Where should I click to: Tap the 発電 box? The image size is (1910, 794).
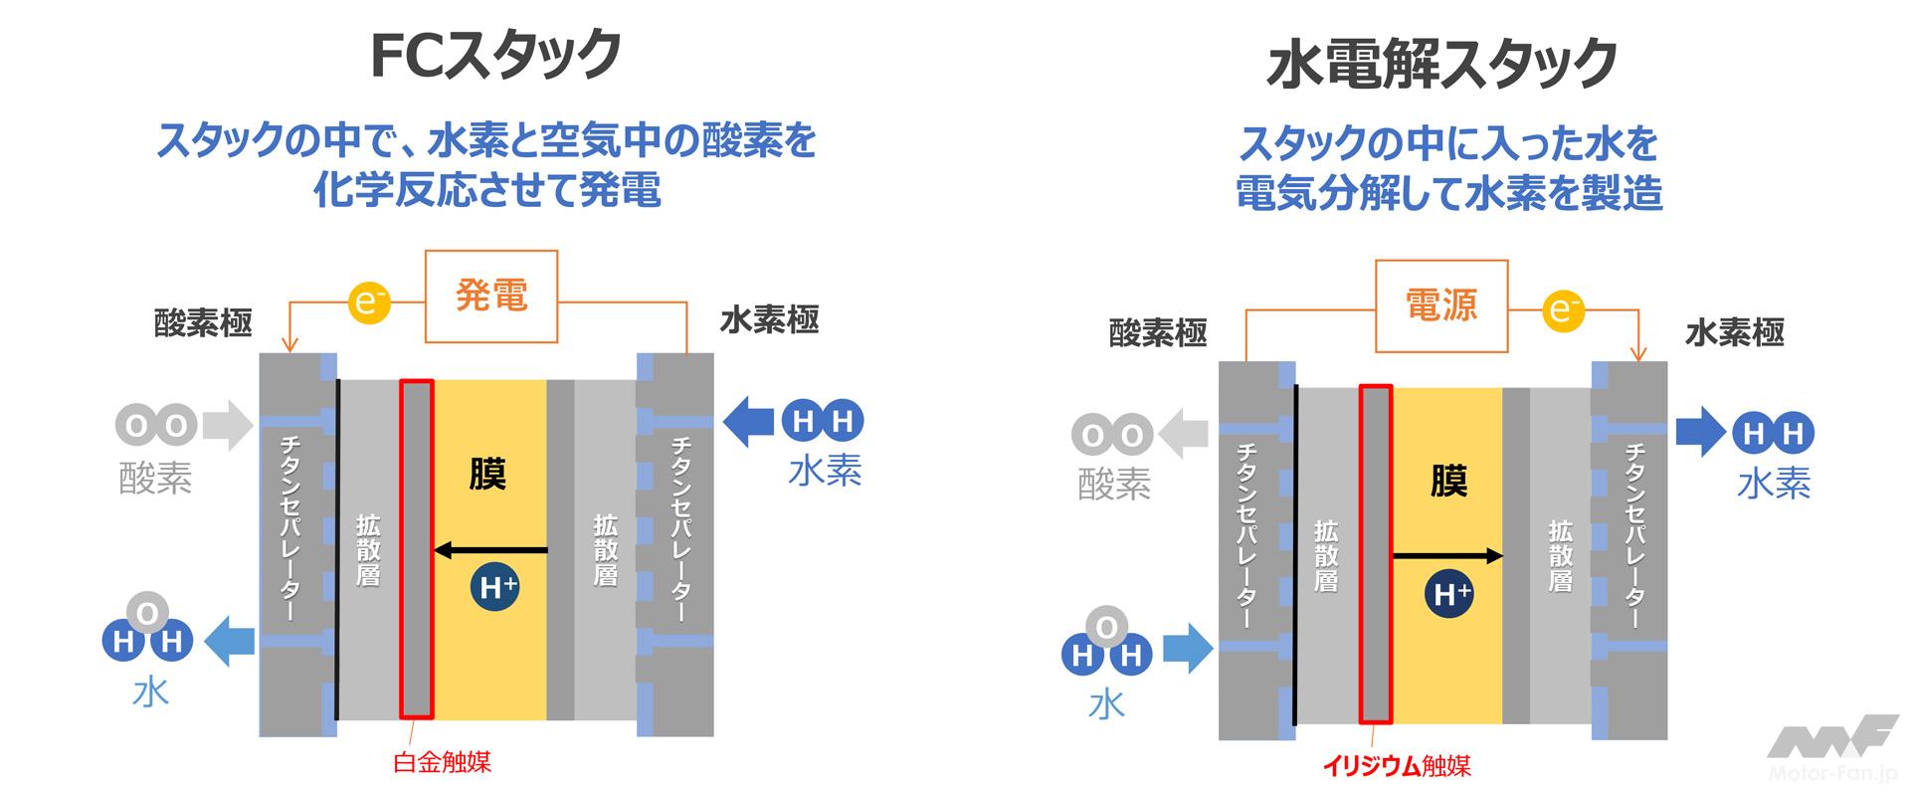click(491, 296)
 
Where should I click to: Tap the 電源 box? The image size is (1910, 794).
click(1441, 305)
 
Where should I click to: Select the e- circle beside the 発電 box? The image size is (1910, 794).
click(368, 301)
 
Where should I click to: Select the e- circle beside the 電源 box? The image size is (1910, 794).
click(1563, 310)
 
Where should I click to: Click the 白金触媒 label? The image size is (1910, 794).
click(443, 763)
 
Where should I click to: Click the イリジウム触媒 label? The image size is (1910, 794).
click(1396, 765)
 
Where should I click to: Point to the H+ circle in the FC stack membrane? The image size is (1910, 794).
click(494, 588)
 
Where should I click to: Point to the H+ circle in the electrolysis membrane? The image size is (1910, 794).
click(1449, 594)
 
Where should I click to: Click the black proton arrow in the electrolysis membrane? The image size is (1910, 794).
click(1446, 556)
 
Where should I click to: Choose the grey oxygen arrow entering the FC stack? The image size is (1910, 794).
click(227, 425)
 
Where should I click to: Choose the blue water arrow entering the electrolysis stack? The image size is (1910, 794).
click(1188, 651)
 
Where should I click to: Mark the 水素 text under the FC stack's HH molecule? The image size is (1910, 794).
click(825, 471)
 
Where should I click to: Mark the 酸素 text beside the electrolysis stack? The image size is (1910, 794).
click(1114, 484)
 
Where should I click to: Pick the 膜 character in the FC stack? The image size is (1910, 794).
click(487, 474)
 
